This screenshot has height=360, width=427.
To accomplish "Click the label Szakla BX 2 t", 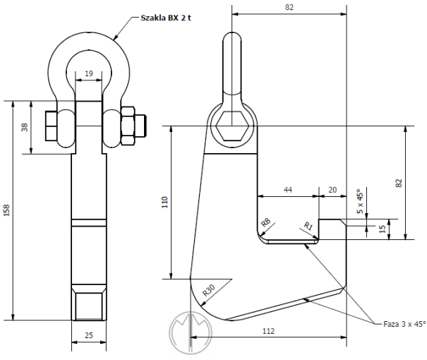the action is [x=166, y=18].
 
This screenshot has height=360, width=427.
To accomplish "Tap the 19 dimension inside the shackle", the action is [x=89, y=73].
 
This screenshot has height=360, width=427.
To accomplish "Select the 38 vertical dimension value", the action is [x=25, y=127].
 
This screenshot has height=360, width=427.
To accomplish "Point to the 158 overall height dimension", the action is [x=6, y=210].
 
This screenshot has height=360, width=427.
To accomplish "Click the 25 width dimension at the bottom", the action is [x=89, y=335].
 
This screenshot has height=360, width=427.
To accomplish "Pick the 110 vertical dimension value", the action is [x=165, y=202].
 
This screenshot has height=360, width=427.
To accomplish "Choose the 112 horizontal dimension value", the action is [x=268, y=331].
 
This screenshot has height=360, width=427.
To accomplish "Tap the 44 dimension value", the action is [x=288, y=190].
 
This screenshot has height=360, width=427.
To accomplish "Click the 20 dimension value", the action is [x=332, y=190].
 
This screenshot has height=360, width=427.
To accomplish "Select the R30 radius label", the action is [x=209, y=290].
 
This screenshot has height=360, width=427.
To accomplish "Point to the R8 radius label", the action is [x=266, y=222].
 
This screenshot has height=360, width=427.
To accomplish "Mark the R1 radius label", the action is [x=308, y=226].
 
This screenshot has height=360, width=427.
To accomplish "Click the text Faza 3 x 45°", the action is [x=404, y=324].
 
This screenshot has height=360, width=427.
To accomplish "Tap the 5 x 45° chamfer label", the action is [x=360, y=201].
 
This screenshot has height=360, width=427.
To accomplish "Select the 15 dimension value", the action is [x=383, y=229].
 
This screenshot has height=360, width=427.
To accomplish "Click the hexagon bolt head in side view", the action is [x=231, y=126].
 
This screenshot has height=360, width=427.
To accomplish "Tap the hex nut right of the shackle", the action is [x=128, y=126].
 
